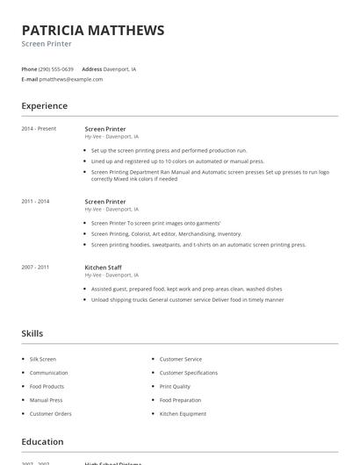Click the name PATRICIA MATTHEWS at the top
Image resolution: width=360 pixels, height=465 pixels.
[x=92, y=30]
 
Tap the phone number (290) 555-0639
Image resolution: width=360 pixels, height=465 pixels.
[x=57, y=68]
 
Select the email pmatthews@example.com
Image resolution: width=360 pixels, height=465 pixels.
[x=71, y=79]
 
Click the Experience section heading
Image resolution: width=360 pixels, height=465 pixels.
[x=44, y=106]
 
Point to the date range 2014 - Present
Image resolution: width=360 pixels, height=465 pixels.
[x=39, y=129]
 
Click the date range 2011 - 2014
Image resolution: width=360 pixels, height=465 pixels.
[x=35, y=202]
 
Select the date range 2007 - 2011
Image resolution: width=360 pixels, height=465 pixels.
[x=35, y=267]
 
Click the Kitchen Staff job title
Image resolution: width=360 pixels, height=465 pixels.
[x=103, y=267]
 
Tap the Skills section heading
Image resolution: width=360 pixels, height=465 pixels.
[x=32, y=333]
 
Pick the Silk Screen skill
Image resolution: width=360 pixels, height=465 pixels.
[x=42, y=359]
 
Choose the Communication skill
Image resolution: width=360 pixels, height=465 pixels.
[x=48, y=373]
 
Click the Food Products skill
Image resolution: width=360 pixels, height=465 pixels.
[x=47, y=386]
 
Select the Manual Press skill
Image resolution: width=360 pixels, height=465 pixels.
[x=46, y=400]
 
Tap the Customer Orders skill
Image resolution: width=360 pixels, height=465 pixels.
[x=50, y=413]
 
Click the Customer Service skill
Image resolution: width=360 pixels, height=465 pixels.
[x=180, y=359]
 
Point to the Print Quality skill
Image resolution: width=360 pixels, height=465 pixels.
[x=175, y=386]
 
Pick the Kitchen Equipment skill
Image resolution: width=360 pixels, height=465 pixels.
[x=183, y=413]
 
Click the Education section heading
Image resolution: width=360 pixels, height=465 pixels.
[x=42, y=441]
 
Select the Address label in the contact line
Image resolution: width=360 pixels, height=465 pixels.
[x=91, y=68]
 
